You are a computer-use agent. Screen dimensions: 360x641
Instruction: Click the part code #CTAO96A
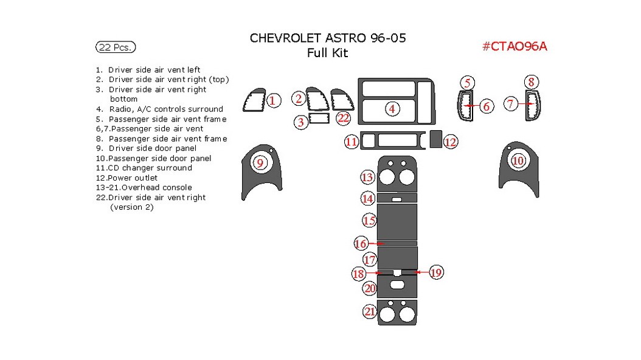point(514,46)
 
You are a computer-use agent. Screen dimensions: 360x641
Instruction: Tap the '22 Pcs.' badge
point(116,47)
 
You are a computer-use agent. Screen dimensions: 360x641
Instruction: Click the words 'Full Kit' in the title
point(327,54)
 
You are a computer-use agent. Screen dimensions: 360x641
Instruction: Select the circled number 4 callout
point(392,109)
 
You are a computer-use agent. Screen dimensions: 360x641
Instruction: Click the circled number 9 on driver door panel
point(260,163)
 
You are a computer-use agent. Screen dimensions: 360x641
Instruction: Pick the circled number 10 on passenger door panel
point(518,161)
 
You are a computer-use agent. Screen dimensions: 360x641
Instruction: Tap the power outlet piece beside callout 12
point(435,140)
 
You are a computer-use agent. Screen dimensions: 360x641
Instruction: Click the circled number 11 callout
point(351,142)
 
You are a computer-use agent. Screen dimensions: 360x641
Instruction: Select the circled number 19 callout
point(435,272)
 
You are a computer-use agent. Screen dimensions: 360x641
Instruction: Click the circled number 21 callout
point(369,312)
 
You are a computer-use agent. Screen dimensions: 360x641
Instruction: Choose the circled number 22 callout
point(344,118)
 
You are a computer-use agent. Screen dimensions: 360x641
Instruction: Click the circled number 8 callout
point(531,82)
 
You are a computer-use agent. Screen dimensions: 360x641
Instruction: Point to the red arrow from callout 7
point(527,105)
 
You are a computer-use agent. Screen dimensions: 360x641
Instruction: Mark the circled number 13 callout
point(367,178)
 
